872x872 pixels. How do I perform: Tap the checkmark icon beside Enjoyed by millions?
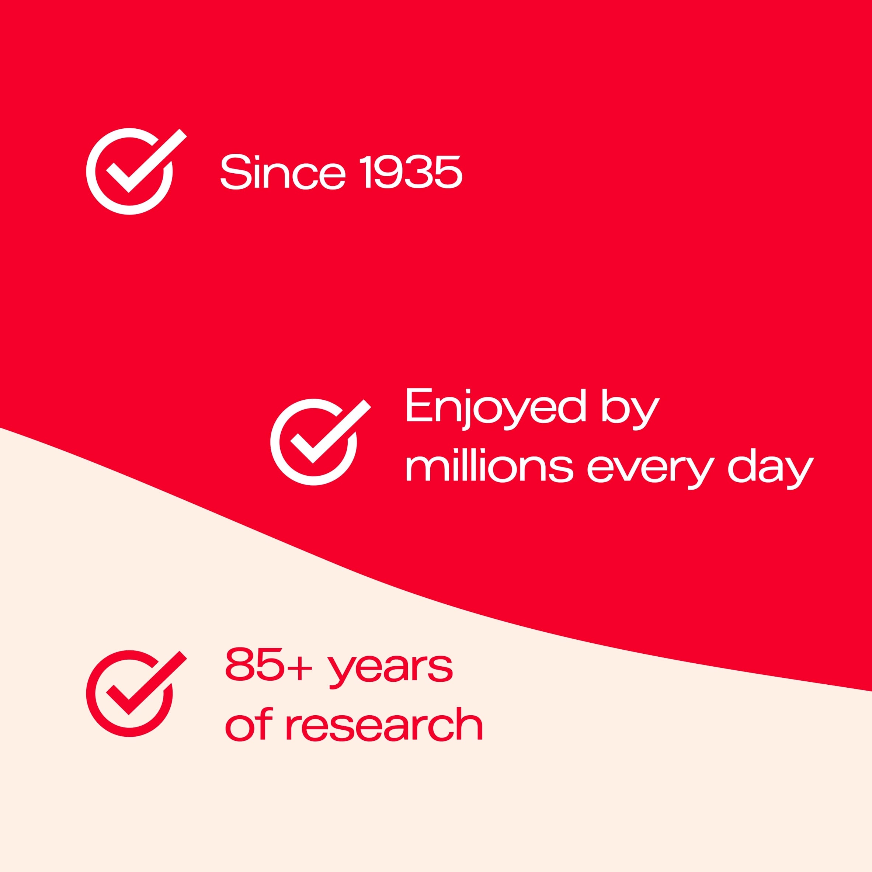pyautogui.click(x=320, y=442)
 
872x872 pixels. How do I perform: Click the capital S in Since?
pyautogui.click(x=235, y=172)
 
